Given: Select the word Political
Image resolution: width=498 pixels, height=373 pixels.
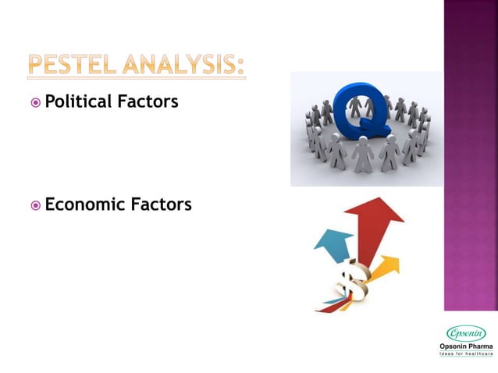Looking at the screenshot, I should (79, 101).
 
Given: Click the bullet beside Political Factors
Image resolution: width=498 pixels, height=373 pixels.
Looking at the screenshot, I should (36, 102).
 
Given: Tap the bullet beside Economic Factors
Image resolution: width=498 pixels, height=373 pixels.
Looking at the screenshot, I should (36, 206).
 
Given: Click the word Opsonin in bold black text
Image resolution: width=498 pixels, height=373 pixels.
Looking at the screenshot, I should (453, 346).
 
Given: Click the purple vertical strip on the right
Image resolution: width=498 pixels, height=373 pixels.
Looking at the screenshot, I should (471, 156).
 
